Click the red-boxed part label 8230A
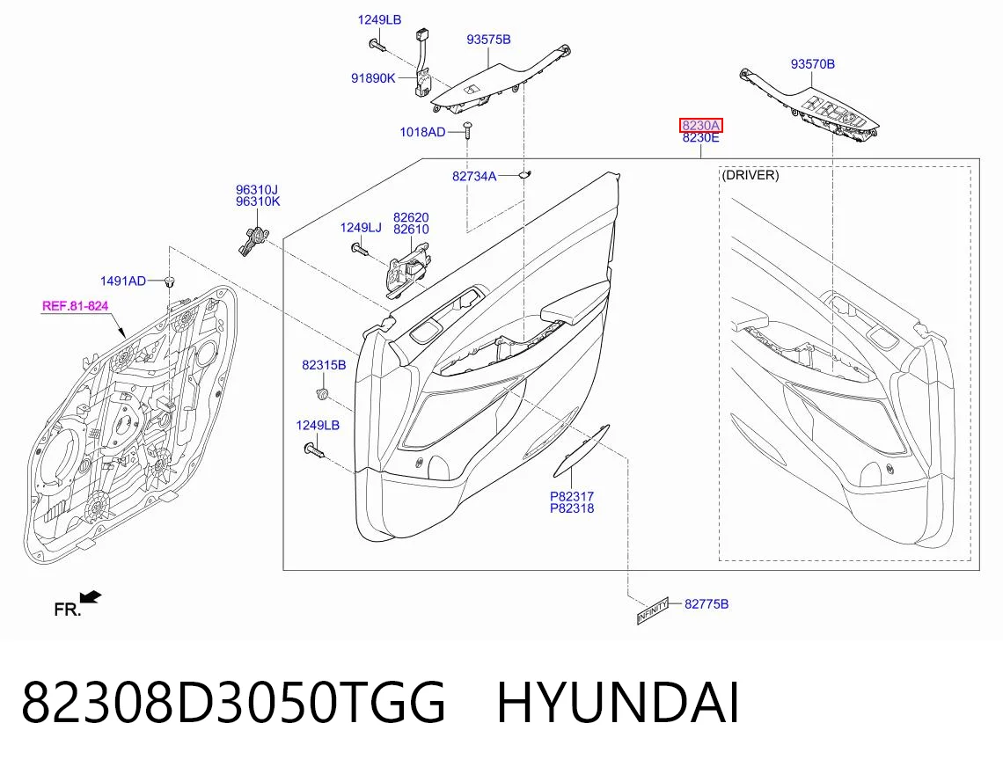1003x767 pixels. tap(701, 126)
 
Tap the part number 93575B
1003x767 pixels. tap(488, 40)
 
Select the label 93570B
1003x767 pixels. tap(812, 64)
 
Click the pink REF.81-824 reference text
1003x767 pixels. tap(76, 306)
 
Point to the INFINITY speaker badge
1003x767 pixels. tap(653, 611)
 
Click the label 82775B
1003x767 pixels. tap(706, 604)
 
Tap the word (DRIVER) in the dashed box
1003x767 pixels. tap(750, 175)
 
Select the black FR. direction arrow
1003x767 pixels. tap(91, 597)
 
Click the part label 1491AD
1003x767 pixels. tap(123, 281)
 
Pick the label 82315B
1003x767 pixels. tap(324, 365)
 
